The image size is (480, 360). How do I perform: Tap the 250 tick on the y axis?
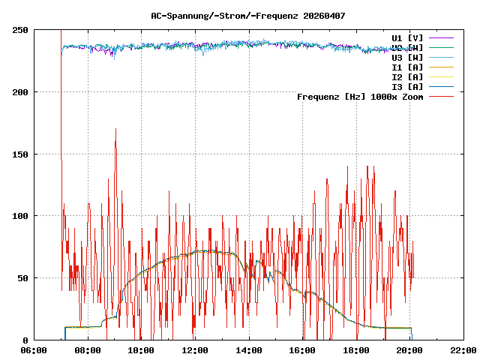(x=20, y=30)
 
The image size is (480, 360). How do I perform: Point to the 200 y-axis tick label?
(x=20, y=92)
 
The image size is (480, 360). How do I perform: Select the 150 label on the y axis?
(x=20, y=154)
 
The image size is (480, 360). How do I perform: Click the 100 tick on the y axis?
(x=20, y=216)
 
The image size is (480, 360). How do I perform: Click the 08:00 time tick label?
(x=88, y=350)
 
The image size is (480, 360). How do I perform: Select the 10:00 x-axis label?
(x=141, y=350)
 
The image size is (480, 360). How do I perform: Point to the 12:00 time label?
(x=195, y=350)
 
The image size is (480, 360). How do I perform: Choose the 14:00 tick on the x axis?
(x=248, y=350)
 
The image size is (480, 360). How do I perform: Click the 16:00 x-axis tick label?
(x=302, y=350)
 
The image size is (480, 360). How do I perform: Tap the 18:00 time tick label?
(x=355, y=350)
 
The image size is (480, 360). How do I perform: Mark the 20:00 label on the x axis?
(x=409, y=350)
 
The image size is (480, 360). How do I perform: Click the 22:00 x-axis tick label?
(x=463, y=350)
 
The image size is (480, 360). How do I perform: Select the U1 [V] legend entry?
(x=407, y=37)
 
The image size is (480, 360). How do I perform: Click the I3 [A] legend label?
(x=407, y=86)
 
